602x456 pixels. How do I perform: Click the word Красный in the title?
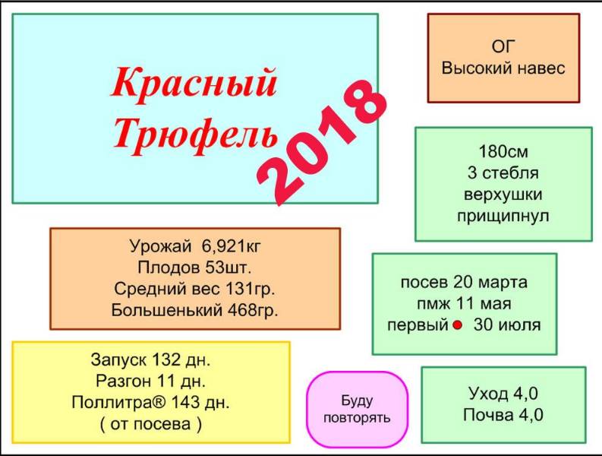[194, 84]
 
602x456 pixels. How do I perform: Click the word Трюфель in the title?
[195, 135]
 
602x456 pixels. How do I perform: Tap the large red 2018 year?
[322, 141]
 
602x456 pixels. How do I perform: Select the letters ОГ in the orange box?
[503, 46]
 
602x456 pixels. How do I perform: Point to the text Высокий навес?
[503, 68]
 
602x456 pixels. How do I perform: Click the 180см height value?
[503, 151]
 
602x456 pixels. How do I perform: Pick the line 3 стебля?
[503, 173]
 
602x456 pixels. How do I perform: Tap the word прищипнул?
[503, 216]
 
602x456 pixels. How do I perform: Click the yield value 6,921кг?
[231, 246]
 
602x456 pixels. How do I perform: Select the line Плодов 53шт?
[194, 268]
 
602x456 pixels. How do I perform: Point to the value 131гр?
[250, 289]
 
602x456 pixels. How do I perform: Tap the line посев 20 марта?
[464, 282]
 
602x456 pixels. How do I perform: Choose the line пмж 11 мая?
[464, 304]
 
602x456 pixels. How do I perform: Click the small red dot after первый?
[457, 325]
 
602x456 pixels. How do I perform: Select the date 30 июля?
[507, 325]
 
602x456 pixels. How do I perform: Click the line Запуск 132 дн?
[151, 360]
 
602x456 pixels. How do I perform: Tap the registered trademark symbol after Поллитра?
[160, 402]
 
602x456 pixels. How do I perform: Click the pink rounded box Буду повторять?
[357, 409]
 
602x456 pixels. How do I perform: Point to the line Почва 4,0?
[503, 415]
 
